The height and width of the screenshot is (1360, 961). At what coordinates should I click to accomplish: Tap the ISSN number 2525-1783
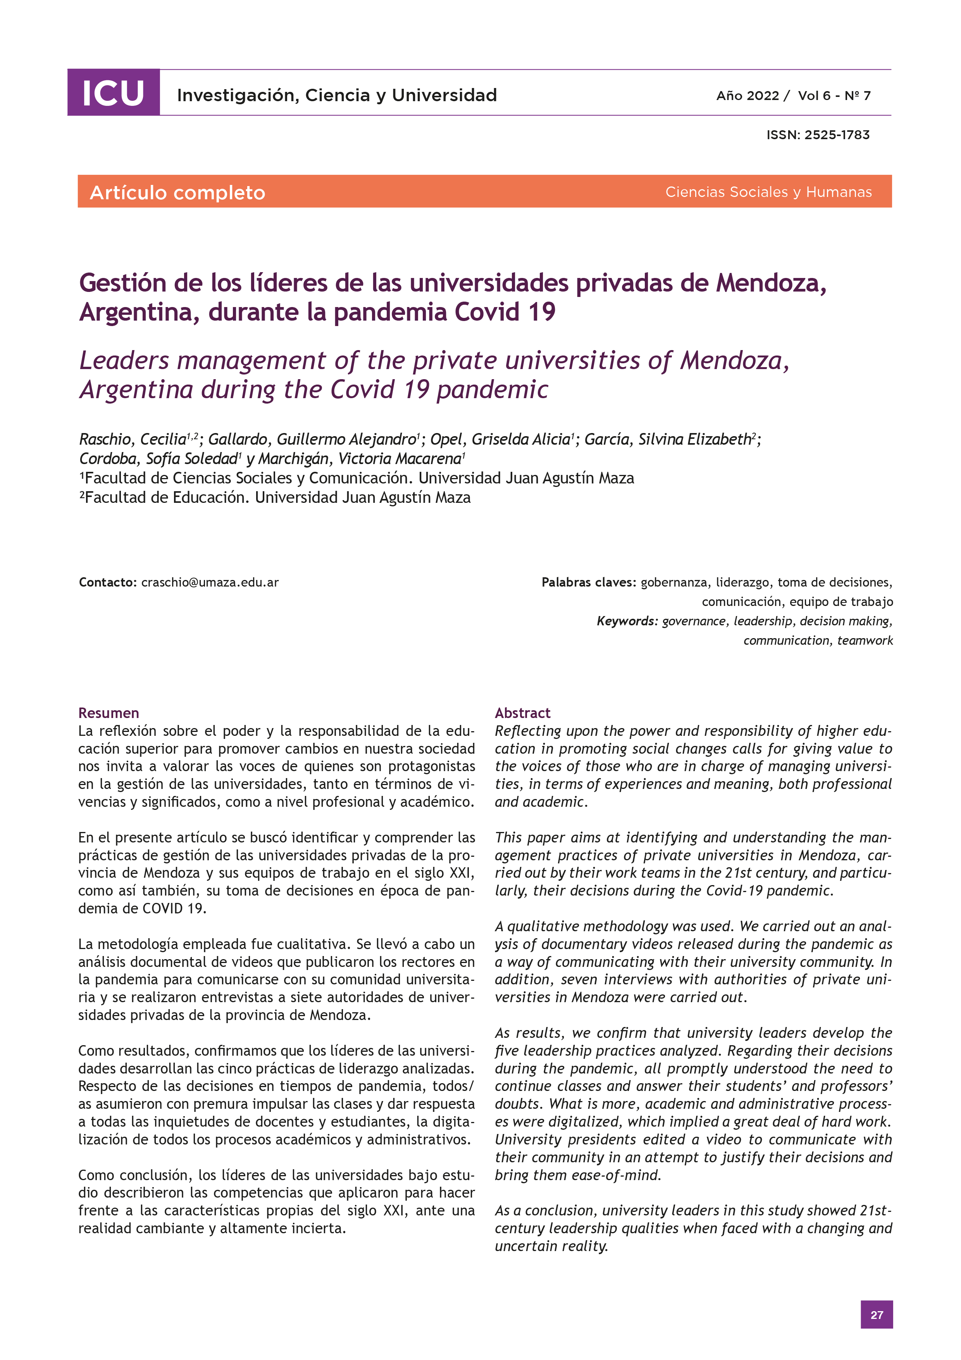(x=837, y=135)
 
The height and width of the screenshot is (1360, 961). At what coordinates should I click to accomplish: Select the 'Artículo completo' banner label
(x=177, y=193)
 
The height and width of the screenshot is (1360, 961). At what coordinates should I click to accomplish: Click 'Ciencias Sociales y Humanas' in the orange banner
(x=768, y=192)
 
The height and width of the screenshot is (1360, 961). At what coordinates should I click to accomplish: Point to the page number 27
(x=876, y=1314)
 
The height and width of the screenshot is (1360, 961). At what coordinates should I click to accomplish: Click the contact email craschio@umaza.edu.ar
(x=210, y=582)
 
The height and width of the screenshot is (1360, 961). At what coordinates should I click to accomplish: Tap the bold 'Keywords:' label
(x=627, y=621)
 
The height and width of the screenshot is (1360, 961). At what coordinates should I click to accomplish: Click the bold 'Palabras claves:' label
(x=589, y=582)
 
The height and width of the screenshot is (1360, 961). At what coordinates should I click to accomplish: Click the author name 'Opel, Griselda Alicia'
(x=500, y=440)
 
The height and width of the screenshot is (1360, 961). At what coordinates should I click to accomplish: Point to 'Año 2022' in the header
(x=747, y=96)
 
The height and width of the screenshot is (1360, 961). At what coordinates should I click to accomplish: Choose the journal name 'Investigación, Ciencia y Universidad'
(x=337, y=95)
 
